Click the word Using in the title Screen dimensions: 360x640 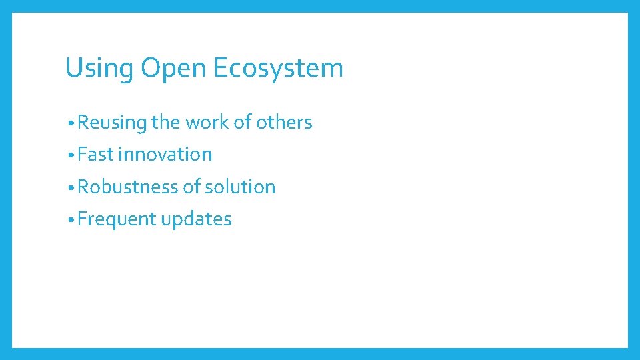click(x=99, y=69)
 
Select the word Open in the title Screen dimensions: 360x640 click(x=173, y=69)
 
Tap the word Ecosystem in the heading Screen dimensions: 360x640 click(x=279, y=68)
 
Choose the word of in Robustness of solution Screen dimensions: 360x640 click(x=192, y=187)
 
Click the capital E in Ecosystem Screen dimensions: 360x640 click(x=221, y=68)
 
